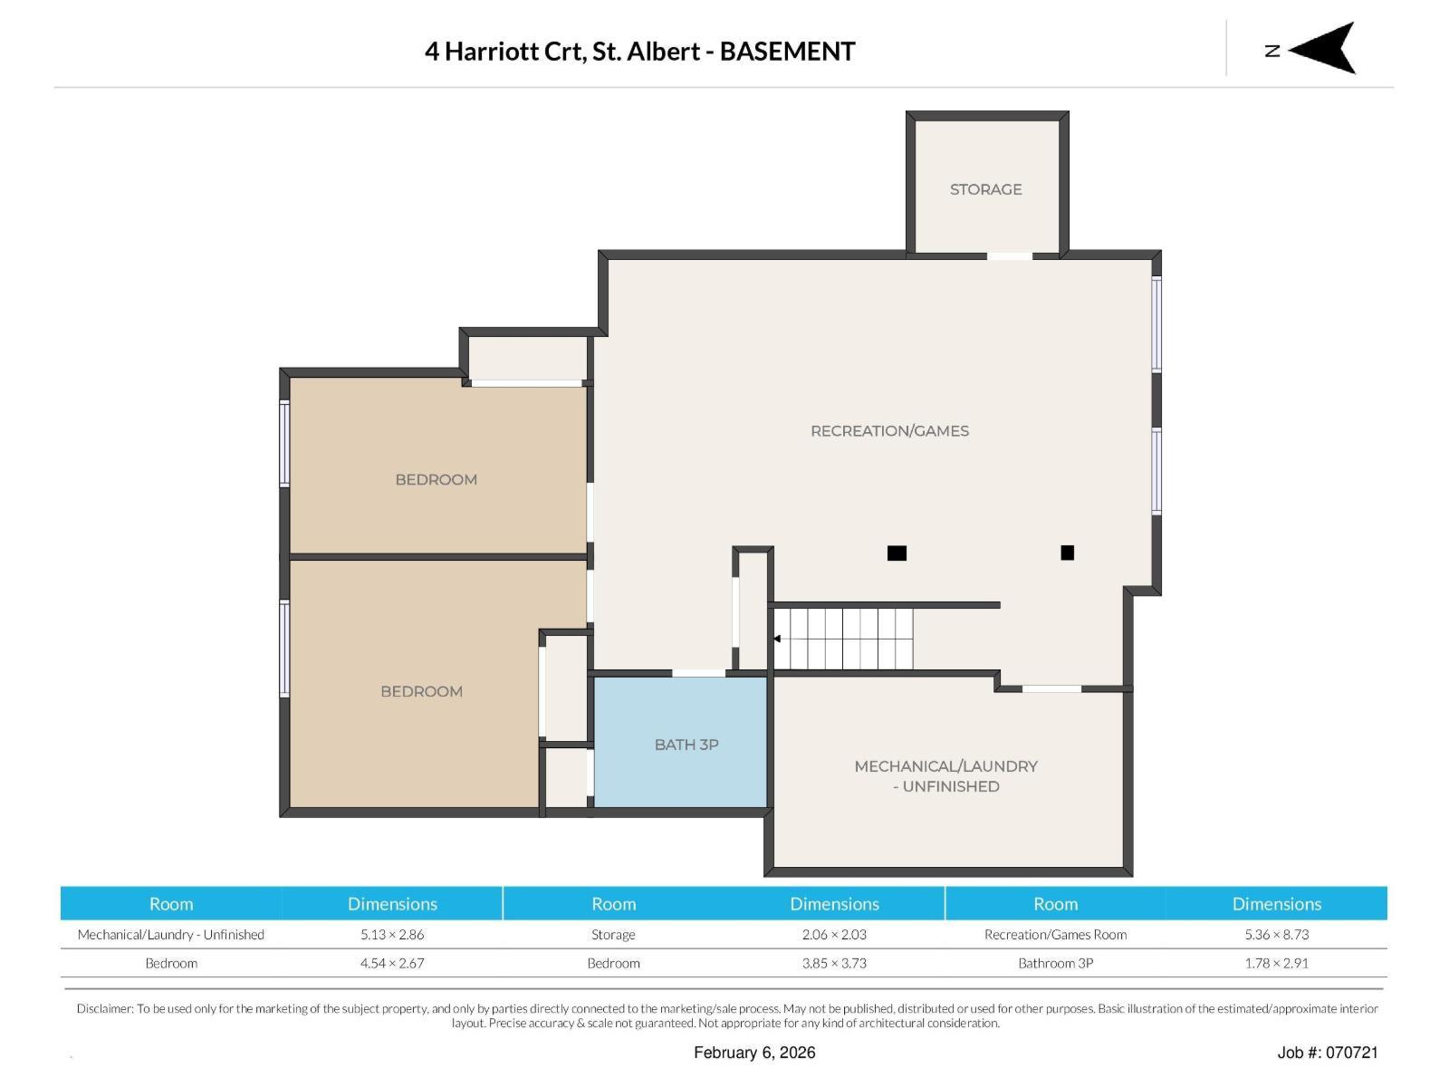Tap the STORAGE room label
pyautogui.click(x=985, y=189)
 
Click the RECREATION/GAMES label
pyautogui.click(x=889, y=431)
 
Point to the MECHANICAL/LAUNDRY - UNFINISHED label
pyautogui.click(x=945, y=776)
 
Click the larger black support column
pyautogui.click(x=897, y=553)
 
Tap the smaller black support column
pyautogui.click(x=1067, y=553)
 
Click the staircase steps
pyautogui.click(x=844, y=639)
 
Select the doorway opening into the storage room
pyautogui.click(x=1009, y=256)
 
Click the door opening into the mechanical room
pyautogui.click(x=1051, y=689)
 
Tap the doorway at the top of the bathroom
pyautogui.click(x=698, y=673)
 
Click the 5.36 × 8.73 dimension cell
pyautogui.click(x=1276, y=935)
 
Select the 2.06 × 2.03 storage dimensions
pyautogui.click(x=834, y=935)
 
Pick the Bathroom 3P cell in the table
pyautogui.click(x=1055, y=964)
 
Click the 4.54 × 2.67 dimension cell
pyautogui.click(x=392, y=964)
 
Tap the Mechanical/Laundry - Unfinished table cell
pyautogui.click(x=171, y=935)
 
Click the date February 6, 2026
pyautogui.click(x=754, y=1053)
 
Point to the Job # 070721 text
pyautogui.click(x=1327, y=1053)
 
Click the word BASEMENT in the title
pyautogui.click(x=787, y=52)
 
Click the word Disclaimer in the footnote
pyautogui.click(x=103, y=1008)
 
